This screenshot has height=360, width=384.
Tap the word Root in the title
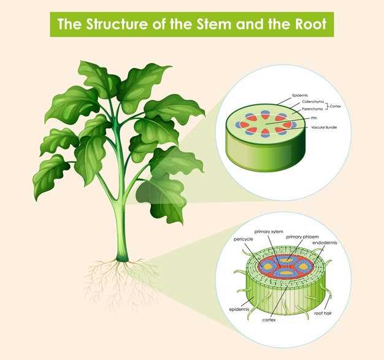(310, 24)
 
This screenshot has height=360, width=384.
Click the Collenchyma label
(313, 102)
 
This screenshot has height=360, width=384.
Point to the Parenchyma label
(312, 109)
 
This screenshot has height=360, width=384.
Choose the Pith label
(314, 118)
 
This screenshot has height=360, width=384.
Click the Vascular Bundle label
(324, 128)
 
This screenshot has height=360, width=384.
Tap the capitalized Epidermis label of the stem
(300, 95)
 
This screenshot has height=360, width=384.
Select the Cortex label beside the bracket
(336, 106)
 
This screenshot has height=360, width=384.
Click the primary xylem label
(269, 232)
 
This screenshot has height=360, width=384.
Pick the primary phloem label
(302, 237)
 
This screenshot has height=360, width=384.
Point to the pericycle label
(243, 239)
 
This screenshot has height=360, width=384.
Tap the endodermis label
(324, 243)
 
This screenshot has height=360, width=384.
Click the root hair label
(323, 313)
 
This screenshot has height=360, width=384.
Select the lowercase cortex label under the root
(269, 320)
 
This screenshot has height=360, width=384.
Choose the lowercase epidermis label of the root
(239, 310)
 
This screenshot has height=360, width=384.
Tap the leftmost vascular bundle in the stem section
(240, 124)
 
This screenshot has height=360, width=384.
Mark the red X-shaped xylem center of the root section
(285, 266)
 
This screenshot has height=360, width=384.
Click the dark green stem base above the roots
(122, 257)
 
